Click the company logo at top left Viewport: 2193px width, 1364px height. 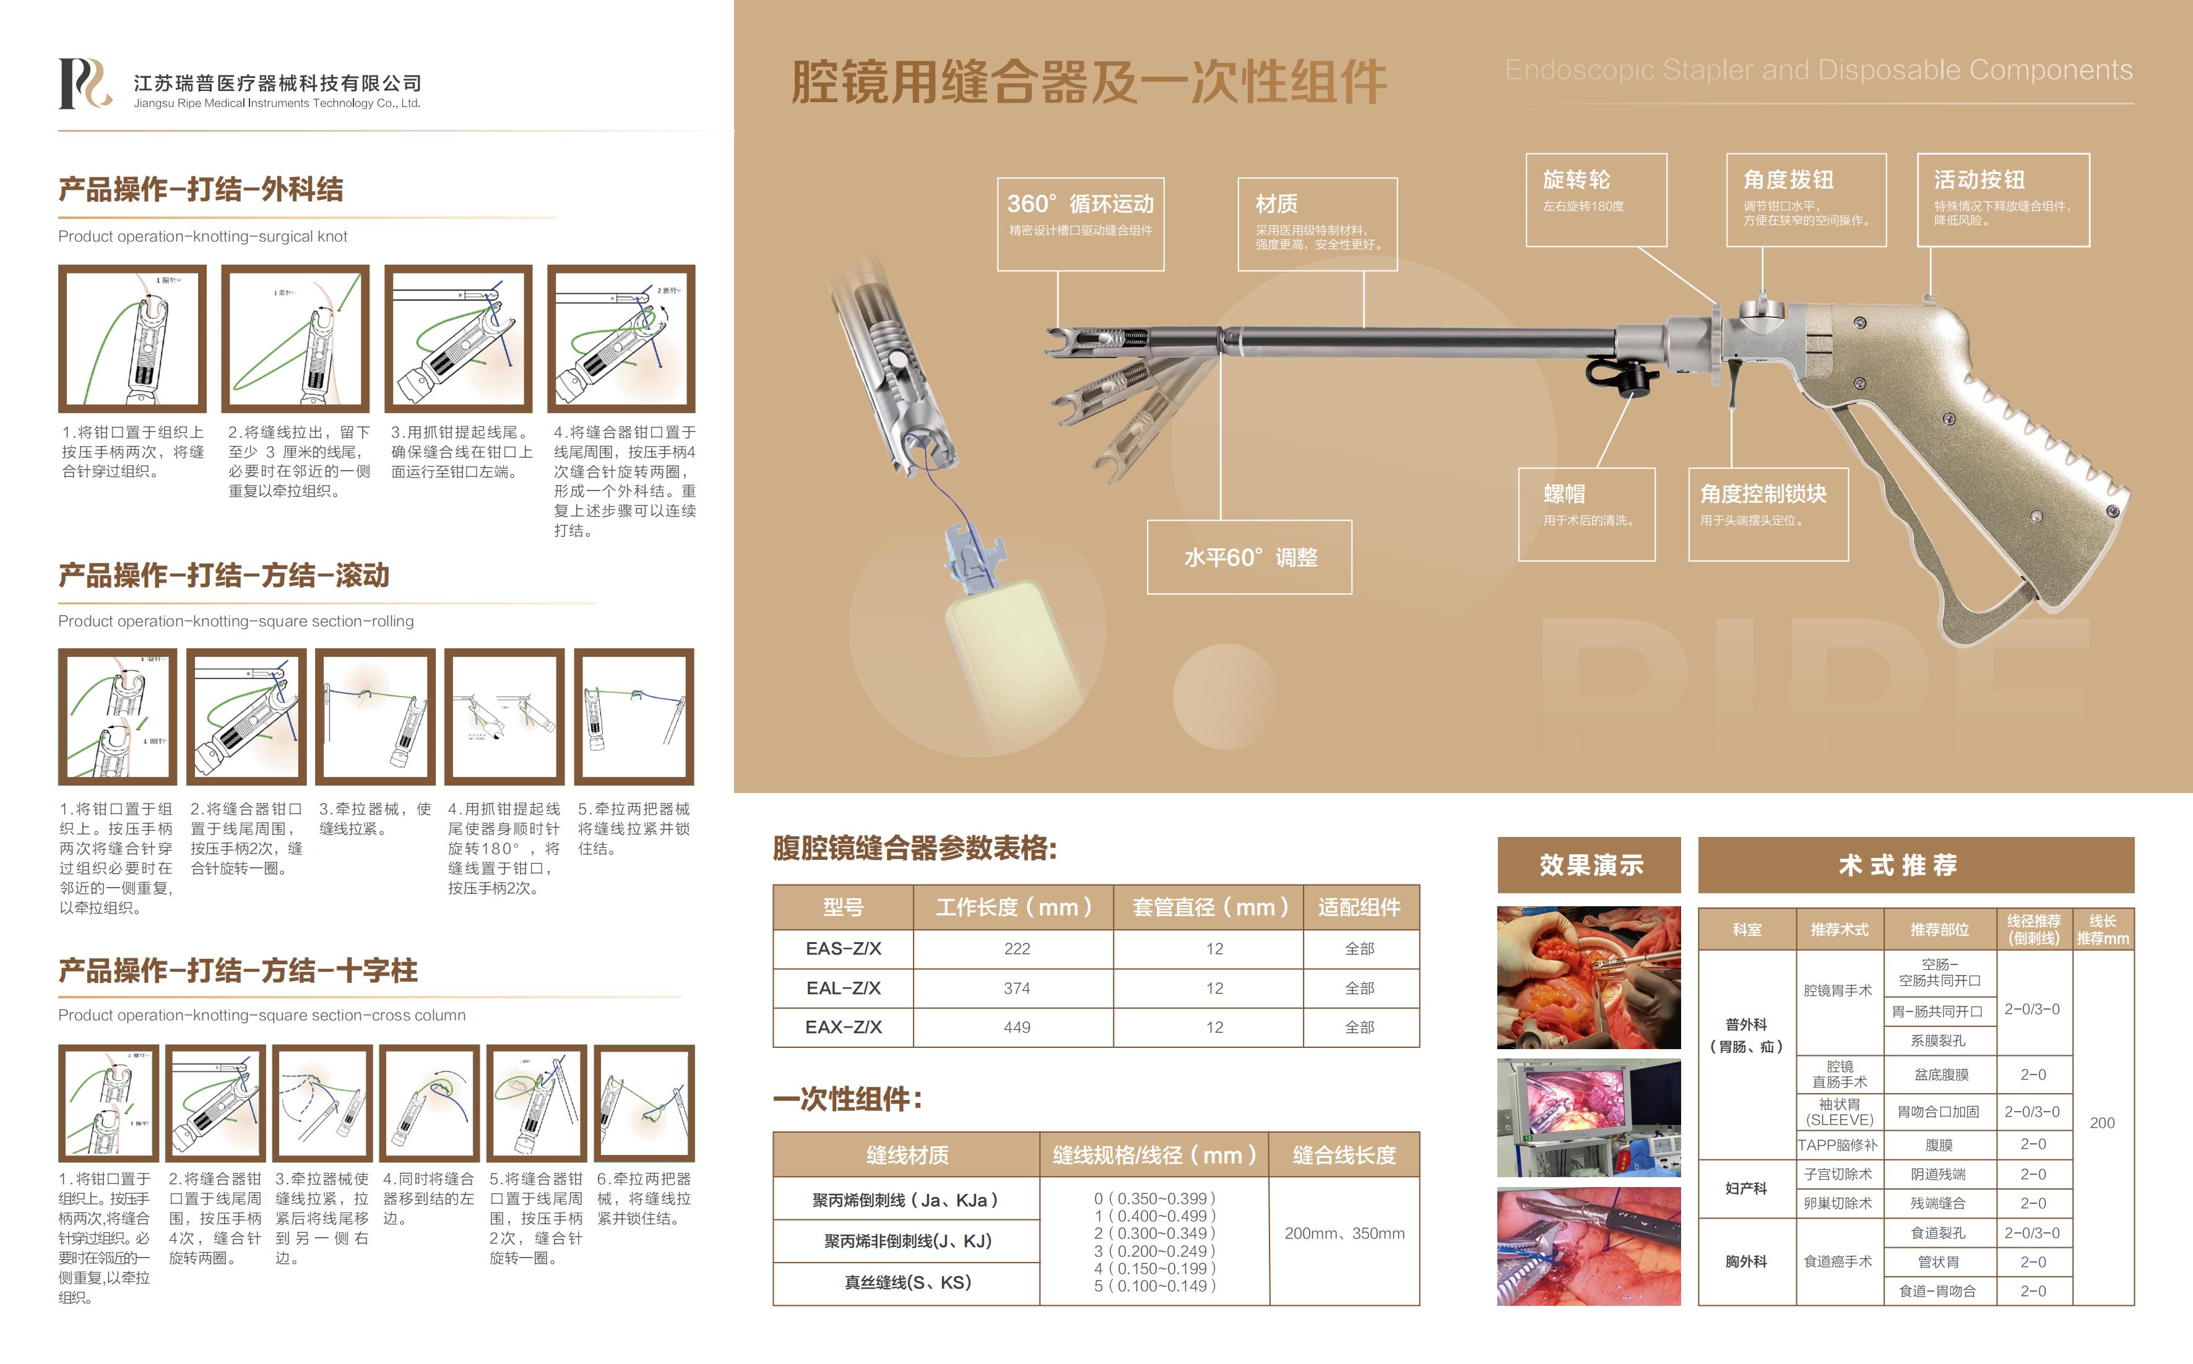pyautogui.click(x=85, y=84)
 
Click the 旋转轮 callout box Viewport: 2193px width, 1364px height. pyautogui.click(x=1596, y=199)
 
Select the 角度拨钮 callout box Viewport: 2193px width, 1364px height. pyautogui.click(x=1806, y=199)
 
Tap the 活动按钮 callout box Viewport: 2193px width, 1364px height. pyautogui.click(x=2002, y=199)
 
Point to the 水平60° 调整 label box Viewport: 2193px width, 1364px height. pyautogui.click(x=1249, y=557)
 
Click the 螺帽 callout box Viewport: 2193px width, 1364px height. pyautogui.click(x=1586, y=514)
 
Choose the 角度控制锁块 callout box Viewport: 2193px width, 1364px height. pyautogui.click(x=1767, y=514)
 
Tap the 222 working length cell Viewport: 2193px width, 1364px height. pyautogui.click(x=1016, y=949)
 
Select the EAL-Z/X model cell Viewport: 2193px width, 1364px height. pyautogui.click(x=843, y=988)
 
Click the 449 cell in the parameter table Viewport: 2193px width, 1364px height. pyautogui.click(x=1016, y=1027)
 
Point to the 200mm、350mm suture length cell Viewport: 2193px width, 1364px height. pyautogui.click(x=1344, y=1233)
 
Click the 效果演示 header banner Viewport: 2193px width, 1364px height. pyautogui.click(x=1590, y=865)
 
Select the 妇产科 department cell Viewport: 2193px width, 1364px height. pyautogui.click(x=1745, y=1189)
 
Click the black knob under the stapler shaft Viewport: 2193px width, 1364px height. pyautogui.click(x=1633, y=380)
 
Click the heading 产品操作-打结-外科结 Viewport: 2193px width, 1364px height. pyautogui.click(x=201, y=189)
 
